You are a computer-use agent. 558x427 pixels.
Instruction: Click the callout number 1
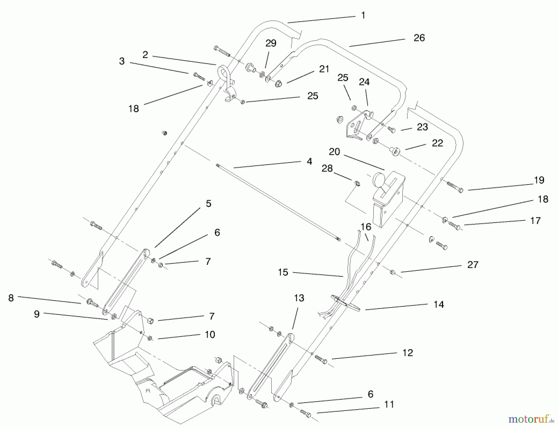click(363, 15)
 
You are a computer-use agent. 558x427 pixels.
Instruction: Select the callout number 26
click(419, 38)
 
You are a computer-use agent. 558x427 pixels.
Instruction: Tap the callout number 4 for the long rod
click(309, 161)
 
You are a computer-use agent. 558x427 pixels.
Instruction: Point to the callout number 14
click(438, 305)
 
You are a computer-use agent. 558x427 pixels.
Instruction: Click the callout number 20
click(334, 152)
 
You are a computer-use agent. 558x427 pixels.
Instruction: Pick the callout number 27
click(472, 265)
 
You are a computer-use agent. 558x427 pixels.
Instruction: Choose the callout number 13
click(299, 298)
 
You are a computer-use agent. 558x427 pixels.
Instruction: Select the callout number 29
click(271, 43)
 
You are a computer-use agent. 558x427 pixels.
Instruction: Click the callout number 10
click(210, 334)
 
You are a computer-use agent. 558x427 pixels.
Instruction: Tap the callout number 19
click(539, 180)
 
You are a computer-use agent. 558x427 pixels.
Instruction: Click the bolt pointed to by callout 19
click(455, 187)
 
